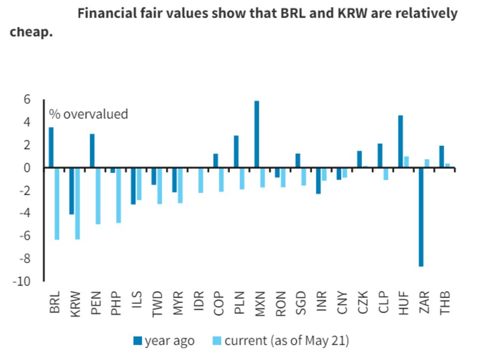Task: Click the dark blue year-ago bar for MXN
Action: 256,134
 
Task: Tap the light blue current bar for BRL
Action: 57,204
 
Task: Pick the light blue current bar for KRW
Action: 77,204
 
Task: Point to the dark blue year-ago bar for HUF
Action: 401,142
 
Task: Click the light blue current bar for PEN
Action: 98,196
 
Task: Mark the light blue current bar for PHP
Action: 119,195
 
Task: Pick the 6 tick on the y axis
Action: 27,99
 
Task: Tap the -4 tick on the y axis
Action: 25,213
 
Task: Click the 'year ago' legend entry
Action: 164,341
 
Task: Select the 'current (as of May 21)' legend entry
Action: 282,341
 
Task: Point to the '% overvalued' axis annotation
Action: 88,114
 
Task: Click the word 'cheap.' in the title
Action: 31,33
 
